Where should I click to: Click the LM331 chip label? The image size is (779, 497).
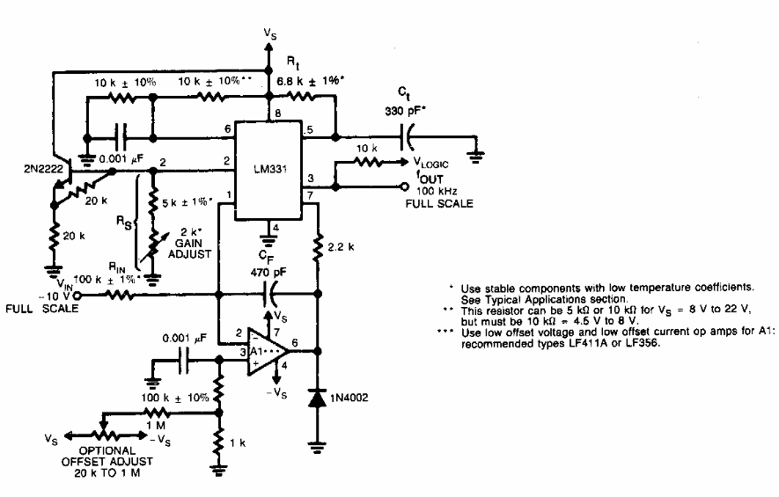coord(269,169)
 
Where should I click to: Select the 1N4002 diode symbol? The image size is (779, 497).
coord(318,398)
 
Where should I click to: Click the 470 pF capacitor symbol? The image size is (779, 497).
coord(268,295)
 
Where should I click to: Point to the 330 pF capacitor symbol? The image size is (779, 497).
coord(407,136)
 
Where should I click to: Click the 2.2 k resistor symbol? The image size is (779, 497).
coord(318,249)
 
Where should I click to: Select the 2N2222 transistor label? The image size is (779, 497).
coord(44,169)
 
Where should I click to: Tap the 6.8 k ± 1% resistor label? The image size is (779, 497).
coord(310,80)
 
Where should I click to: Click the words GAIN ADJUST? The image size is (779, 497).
coord(189,248)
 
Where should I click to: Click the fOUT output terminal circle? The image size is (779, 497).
coord(405,186)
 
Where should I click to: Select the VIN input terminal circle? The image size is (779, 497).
coord(77,296)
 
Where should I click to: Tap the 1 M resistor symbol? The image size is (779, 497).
coord(157,412)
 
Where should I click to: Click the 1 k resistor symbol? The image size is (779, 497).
coord(218,442)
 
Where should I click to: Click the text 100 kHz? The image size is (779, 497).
coord(437,191)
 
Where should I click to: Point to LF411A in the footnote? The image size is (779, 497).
coord(588,343)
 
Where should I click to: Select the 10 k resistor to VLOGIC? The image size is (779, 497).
coord(368,161)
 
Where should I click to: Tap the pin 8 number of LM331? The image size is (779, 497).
coord(278,113)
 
